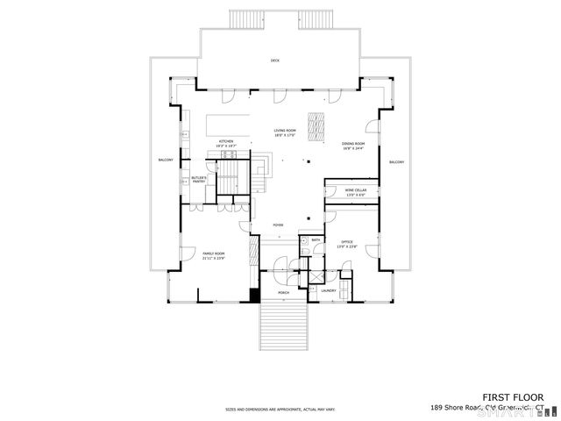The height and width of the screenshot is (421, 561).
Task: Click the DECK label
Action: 274,61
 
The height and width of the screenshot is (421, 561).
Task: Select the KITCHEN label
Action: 226,143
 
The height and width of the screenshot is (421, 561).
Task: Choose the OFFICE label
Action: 347,243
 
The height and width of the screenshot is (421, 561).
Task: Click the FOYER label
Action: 278,225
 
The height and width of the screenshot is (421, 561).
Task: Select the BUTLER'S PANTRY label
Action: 199,180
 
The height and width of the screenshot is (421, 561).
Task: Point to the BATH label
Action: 314,239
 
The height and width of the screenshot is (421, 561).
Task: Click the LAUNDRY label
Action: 329,291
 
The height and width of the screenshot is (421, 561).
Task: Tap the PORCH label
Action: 283,293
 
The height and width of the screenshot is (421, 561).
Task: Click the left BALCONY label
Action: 165,161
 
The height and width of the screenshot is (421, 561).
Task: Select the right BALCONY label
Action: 396,162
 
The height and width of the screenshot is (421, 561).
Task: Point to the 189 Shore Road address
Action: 486,408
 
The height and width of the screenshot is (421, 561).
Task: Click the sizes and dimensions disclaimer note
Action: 281,409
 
